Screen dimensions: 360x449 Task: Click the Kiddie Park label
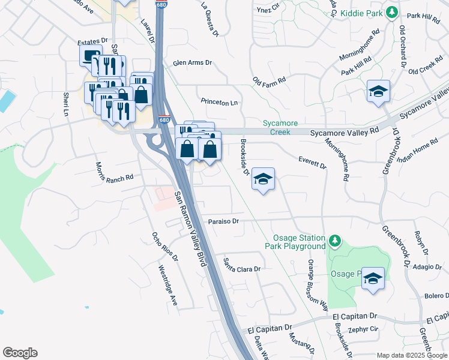coord(361,13)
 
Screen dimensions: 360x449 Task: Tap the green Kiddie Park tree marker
coord(392,12)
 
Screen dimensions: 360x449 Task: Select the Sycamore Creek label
coord(280,127)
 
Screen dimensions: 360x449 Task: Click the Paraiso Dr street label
coord(224,221)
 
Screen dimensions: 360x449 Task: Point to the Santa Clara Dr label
coord(244,265)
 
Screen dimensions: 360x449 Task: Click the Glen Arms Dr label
coord(193,62)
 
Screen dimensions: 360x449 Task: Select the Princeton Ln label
coord(219,103)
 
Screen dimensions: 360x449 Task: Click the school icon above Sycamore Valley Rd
coord(379,91)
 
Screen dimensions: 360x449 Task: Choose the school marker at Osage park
coord(373,278)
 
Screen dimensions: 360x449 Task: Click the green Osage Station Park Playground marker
coord(334,241)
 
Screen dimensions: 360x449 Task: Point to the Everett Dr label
coord(312,162)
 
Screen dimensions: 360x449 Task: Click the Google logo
coord(20,353)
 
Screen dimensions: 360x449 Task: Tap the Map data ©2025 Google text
coord(411,355)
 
